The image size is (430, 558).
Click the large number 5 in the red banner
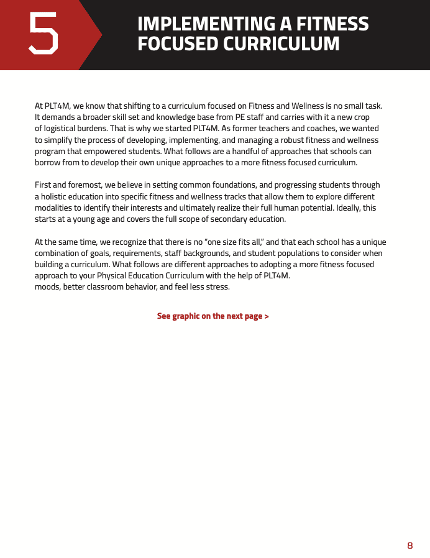(x=43, y=34)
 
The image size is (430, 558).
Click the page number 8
(x=410, y=545)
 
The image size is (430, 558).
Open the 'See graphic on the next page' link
(x=213, y=316)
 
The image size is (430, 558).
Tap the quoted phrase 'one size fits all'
(x=236, y=242)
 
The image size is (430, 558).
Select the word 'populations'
(x=313, y=253)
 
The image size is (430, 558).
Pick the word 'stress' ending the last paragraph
(x=217, y=287)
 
